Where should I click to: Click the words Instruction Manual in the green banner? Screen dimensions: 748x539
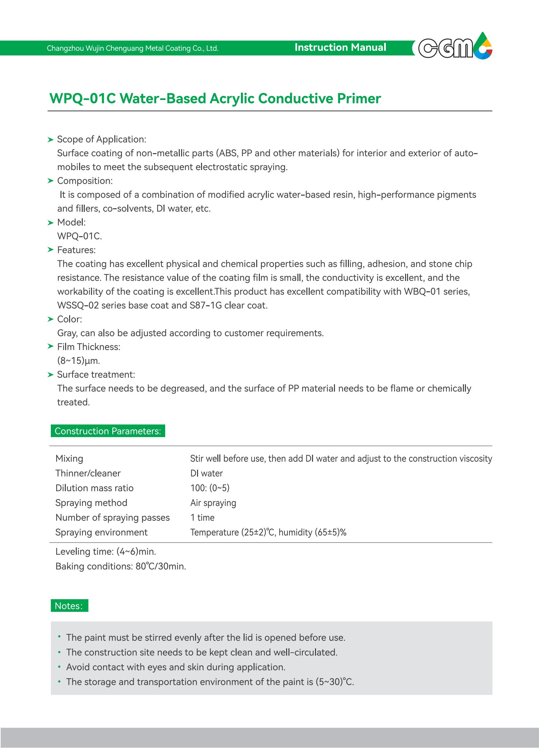point(340,47)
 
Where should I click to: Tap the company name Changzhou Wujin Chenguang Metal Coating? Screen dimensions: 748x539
point(133,48)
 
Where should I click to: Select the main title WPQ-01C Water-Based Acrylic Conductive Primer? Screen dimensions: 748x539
point(215,99)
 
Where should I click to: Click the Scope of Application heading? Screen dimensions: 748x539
point(101,139)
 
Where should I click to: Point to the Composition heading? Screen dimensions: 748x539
point(85,181)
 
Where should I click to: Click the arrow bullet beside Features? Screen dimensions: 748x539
point(51,249)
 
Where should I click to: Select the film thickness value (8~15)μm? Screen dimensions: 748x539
point(78,360)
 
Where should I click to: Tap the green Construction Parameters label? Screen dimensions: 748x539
point(108,431)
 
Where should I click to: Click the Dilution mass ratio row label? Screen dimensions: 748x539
point(94,488)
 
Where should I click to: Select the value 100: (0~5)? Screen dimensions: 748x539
point(210,488)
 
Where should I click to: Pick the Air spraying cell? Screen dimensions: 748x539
point(213,503)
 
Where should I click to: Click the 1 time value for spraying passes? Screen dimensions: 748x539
point(202,517)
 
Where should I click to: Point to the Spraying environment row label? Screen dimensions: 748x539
point(101,532)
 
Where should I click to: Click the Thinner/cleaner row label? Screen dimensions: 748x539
point(88,473)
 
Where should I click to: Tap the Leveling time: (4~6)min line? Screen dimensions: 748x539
point(106,551)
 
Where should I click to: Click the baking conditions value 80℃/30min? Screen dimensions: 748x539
point(161,566)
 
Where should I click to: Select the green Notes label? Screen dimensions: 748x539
point(69,606)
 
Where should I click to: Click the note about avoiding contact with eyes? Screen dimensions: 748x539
point(175,667)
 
